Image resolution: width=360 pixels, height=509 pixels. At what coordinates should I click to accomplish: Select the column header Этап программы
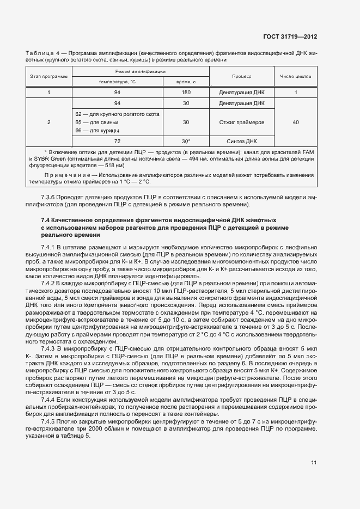[49, 76]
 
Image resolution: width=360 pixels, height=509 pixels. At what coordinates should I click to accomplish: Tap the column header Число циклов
[295, 76]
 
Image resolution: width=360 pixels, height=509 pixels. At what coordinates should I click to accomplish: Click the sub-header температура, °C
[117, 81]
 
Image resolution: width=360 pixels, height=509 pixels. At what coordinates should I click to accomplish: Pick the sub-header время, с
[186, 81]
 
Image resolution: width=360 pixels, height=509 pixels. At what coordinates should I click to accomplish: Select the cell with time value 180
[186, 92]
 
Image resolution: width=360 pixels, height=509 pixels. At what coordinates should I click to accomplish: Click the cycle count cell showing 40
[295, 122]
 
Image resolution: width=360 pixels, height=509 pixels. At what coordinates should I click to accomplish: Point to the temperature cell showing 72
[117, 141]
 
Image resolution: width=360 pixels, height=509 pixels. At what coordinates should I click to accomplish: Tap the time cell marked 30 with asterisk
[186, 141]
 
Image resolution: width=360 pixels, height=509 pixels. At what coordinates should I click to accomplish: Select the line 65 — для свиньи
[97, 122]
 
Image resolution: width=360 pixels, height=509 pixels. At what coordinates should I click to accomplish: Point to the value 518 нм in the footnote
[116, 164]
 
